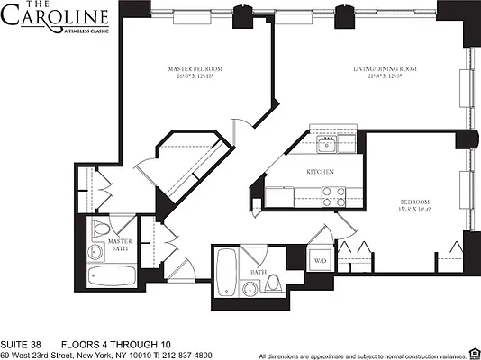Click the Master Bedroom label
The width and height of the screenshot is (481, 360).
[195, 68]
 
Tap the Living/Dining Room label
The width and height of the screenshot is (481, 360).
[384, 68]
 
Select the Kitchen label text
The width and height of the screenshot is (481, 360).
[321, 172]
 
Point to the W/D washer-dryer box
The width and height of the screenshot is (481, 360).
[320, 261]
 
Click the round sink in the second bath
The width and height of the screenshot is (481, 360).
[248, 289]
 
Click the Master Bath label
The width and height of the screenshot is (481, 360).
[120, 245]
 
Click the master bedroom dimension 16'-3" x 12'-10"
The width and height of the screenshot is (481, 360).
[195, 78]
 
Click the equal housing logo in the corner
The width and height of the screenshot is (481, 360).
[473, 354]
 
